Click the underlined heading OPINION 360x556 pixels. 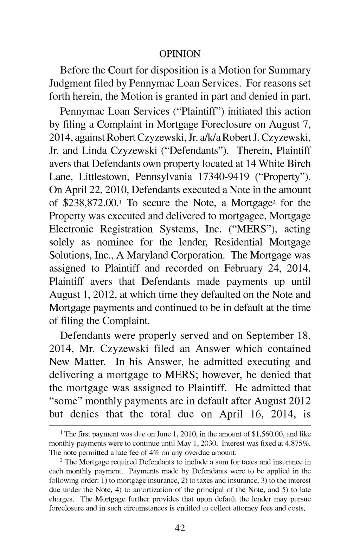[x=180, y=54]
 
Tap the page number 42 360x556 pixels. [x=180, y=528]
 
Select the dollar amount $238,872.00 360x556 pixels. [x=92, y=203]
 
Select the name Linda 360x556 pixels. [x=95, y=151]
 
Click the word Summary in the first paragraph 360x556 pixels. [x=290, y=71]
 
